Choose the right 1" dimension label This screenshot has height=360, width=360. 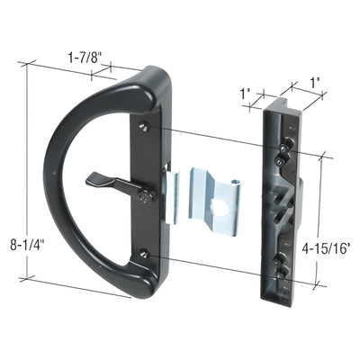point(313,83)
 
